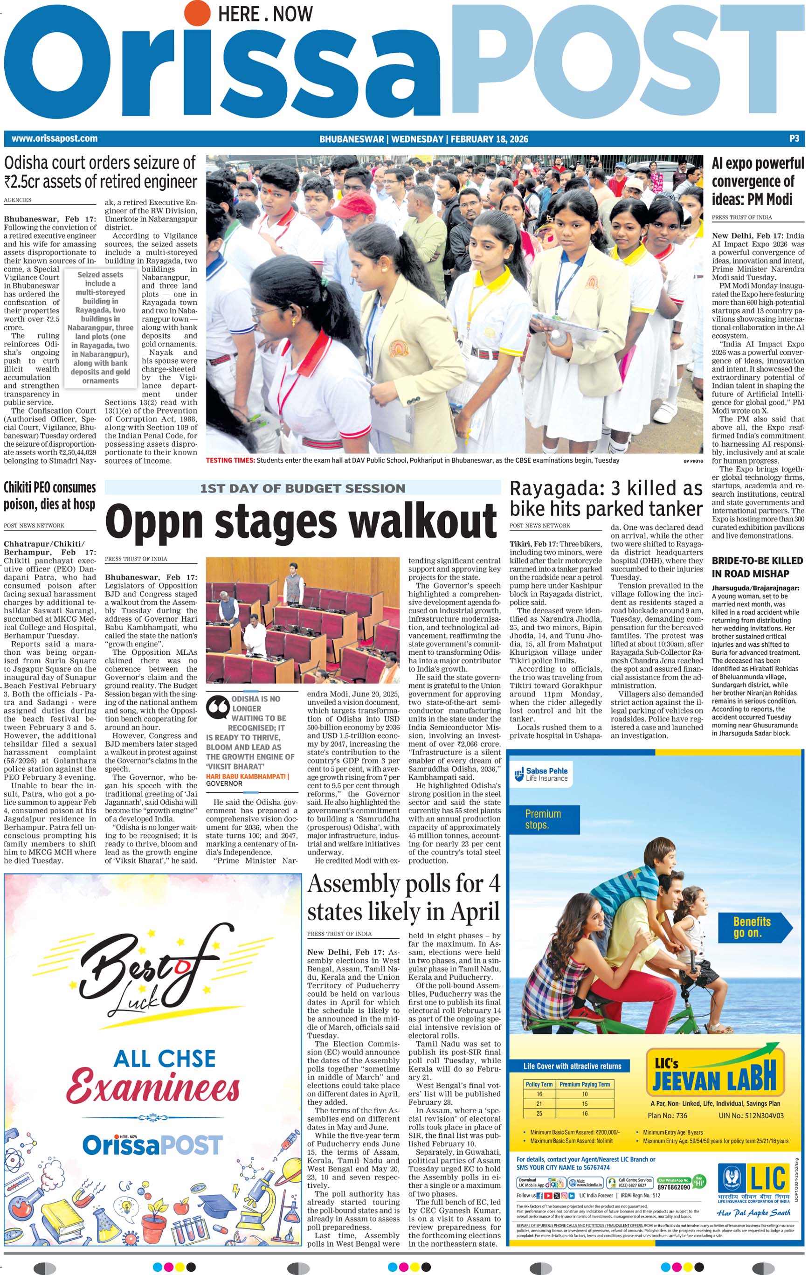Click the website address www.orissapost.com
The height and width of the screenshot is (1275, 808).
coord(55,139)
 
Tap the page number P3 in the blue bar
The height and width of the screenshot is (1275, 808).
coord(794,139)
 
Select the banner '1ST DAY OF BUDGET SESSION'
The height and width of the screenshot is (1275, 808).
coord(302,488)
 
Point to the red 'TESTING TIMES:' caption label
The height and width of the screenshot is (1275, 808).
coord(230,461)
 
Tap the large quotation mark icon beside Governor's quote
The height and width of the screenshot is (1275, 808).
coord(217,708)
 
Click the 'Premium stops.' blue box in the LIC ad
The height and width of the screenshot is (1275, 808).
coord(543,818)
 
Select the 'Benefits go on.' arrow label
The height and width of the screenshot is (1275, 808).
coord(752,927)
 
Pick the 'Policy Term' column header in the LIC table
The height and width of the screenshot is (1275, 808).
coord(539,1084)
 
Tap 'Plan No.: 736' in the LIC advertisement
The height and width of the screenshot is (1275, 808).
coord(667,1115)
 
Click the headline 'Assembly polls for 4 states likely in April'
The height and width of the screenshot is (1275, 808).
coord(403,899)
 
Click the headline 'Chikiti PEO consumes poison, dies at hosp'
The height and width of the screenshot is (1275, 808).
coord(50,496)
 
